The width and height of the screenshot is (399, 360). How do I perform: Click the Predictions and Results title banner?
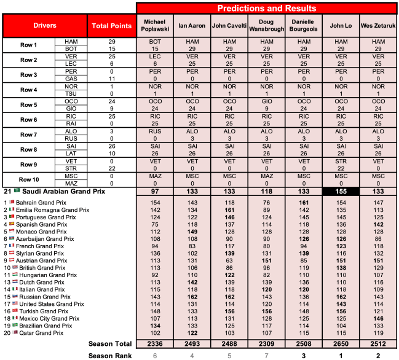(267, 8)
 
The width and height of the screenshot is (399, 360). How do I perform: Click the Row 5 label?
(28, 104)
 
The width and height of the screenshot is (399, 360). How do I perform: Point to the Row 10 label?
(28, 179)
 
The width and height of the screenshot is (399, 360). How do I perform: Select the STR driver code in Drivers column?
(69, 168)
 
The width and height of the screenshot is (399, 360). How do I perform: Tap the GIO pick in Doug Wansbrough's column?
(267, 100)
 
